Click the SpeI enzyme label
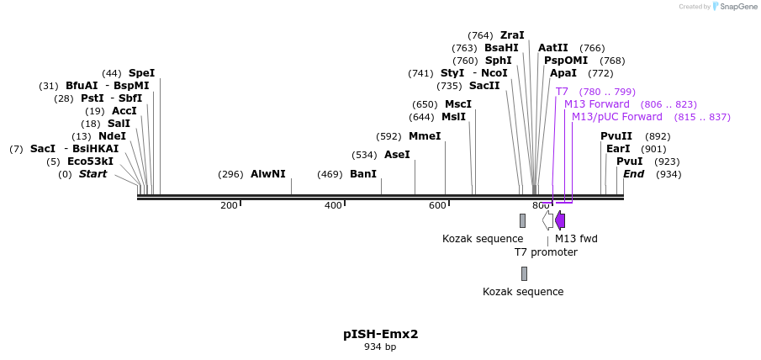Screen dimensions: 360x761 pos(141,73)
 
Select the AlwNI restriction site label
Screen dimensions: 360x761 pos(267,174)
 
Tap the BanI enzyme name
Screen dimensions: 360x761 pos(363,174)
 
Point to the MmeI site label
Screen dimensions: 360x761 pos(425,136)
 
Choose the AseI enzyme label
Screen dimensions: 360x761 pos(397,155)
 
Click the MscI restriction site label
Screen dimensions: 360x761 pos(458,104)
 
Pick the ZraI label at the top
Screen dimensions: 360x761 pos(512,35)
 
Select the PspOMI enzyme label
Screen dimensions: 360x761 pos(566,61)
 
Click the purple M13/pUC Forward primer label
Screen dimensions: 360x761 pos(617,117)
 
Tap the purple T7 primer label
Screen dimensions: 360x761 pos(562,92)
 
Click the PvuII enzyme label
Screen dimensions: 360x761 pos(616,136)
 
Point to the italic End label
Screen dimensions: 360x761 pos(633,174)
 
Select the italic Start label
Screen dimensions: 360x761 pos(93,174)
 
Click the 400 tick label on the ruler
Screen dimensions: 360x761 pos(333,206)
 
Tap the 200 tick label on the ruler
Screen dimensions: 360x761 pos(229,206)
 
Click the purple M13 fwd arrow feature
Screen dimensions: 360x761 pos(560,220)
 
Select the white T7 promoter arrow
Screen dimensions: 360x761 pos(547,220)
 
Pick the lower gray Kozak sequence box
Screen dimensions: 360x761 pos(524,273)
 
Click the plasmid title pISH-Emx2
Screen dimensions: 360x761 pos(380,334)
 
